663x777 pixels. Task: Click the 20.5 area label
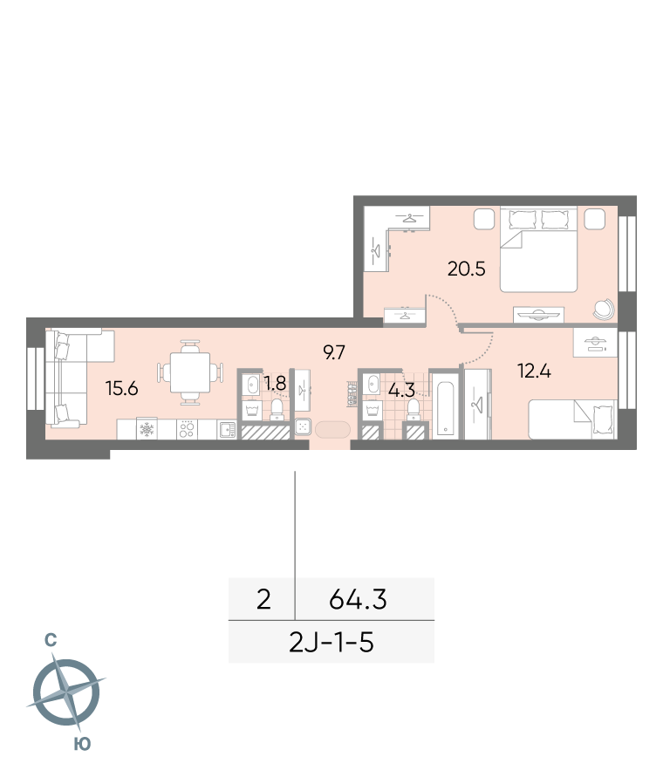pos(466,269)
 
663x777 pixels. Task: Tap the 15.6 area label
pos(122,389)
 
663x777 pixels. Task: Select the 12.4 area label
pos(534,371)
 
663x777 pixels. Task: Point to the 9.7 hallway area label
pos(334,352)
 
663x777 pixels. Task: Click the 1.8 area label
pos(275,383)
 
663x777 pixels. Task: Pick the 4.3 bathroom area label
pos(401,390)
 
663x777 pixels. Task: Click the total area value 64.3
pos(358,599)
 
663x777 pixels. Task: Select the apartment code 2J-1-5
pos(331,643)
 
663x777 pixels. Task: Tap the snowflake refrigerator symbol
pos(147,430)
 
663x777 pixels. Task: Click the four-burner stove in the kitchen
pos(187,430)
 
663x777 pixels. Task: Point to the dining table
pos(190,372)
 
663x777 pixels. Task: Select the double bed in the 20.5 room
pos(538,249)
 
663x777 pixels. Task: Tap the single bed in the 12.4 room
pos(573,419)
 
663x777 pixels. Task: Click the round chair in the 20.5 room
pos(604,310)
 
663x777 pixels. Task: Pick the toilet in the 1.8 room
pos(277,409)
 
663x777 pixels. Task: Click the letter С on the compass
pos(51,641)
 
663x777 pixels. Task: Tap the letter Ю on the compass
pos(82,744)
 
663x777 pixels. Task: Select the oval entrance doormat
pos(332,429)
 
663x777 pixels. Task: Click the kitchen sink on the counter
pos(227,430)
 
